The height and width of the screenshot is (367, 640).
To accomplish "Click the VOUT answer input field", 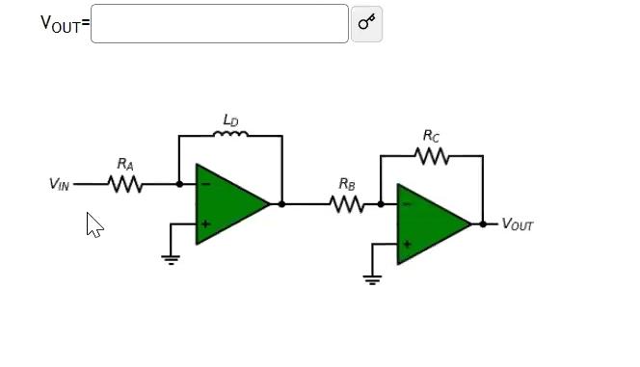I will (219, 23).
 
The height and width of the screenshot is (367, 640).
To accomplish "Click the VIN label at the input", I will (59, 184).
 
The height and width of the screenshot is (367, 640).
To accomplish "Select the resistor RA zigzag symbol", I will (125, 184).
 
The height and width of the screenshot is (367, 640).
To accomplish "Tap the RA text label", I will (125, 165).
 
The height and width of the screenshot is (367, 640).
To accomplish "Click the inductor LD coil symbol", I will (230, 135).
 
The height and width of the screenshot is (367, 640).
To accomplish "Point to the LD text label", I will (230, 120).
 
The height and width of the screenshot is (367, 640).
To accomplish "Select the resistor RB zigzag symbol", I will (346, 204).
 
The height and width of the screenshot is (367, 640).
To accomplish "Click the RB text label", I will (347, 184).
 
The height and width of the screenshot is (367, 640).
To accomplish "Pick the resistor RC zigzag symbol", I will (432, 155).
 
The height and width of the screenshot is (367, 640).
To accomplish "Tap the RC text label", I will (432, 136).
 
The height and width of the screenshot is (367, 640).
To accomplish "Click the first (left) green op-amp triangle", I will (227, 204).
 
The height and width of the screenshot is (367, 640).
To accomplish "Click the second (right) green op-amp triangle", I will (429, 224).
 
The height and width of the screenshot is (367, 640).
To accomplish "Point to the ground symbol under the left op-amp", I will (171, 258).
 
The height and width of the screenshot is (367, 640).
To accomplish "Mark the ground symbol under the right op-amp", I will (372, 278).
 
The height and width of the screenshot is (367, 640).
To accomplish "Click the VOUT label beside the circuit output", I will (517, 225).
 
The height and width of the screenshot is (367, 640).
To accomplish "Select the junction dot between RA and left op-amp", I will (179, 184).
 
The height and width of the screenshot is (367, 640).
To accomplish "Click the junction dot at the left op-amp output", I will (281, 204).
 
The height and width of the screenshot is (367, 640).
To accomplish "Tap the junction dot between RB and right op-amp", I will (381, 204).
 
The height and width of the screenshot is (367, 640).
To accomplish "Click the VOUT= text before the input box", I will (65, 23).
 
